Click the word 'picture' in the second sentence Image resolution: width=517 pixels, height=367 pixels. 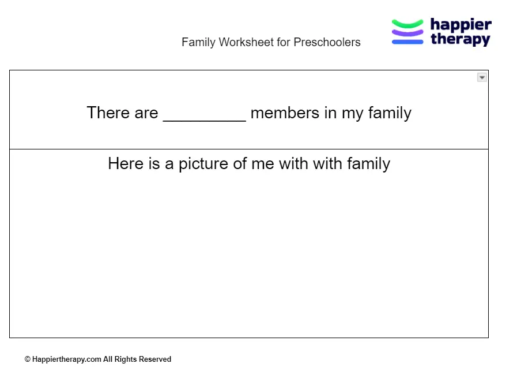pyautogui.click(x=203, y=164)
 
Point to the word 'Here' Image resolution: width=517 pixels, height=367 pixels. pyautogui.click(x=125, y=164)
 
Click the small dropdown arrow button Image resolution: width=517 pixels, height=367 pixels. pyautogui.click(x=482, y=77)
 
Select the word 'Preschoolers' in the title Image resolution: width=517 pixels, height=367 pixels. pyautogui.click(x=327, y=42)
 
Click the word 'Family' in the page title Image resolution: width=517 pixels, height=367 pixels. pyautogui.click(x=198, y=42)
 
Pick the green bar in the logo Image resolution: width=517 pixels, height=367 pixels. pyautogui.click(x=407, y=24)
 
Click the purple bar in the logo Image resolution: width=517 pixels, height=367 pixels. pyautogui.click(x=407, y=32)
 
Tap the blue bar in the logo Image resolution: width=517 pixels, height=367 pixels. pyautogui.click(x=407, y=41)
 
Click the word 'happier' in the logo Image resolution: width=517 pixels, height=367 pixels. pyautogui.click(x=461, y=25)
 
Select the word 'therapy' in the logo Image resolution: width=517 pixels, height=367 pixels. pyautogui.click(x=460, y=39)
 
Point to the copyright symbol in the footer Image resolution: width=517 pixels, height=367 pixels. pyautogui.click(x=28, y=359)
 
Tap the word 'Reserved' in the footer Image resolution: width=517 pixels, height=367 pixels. pyautogui.click(x=155, y=359)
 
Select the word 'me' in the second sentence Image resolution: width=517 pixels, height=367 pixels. pyautogui.click(x=263, y=164)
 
